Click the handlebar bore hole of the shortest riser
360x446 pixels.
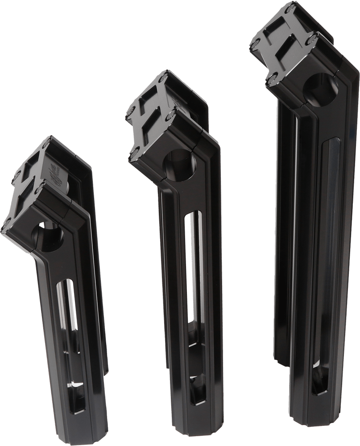point(50,237)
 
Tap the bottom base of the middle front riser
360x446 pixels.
point(201,430)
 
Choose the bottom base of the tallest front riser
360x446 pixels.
point(314,417)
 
